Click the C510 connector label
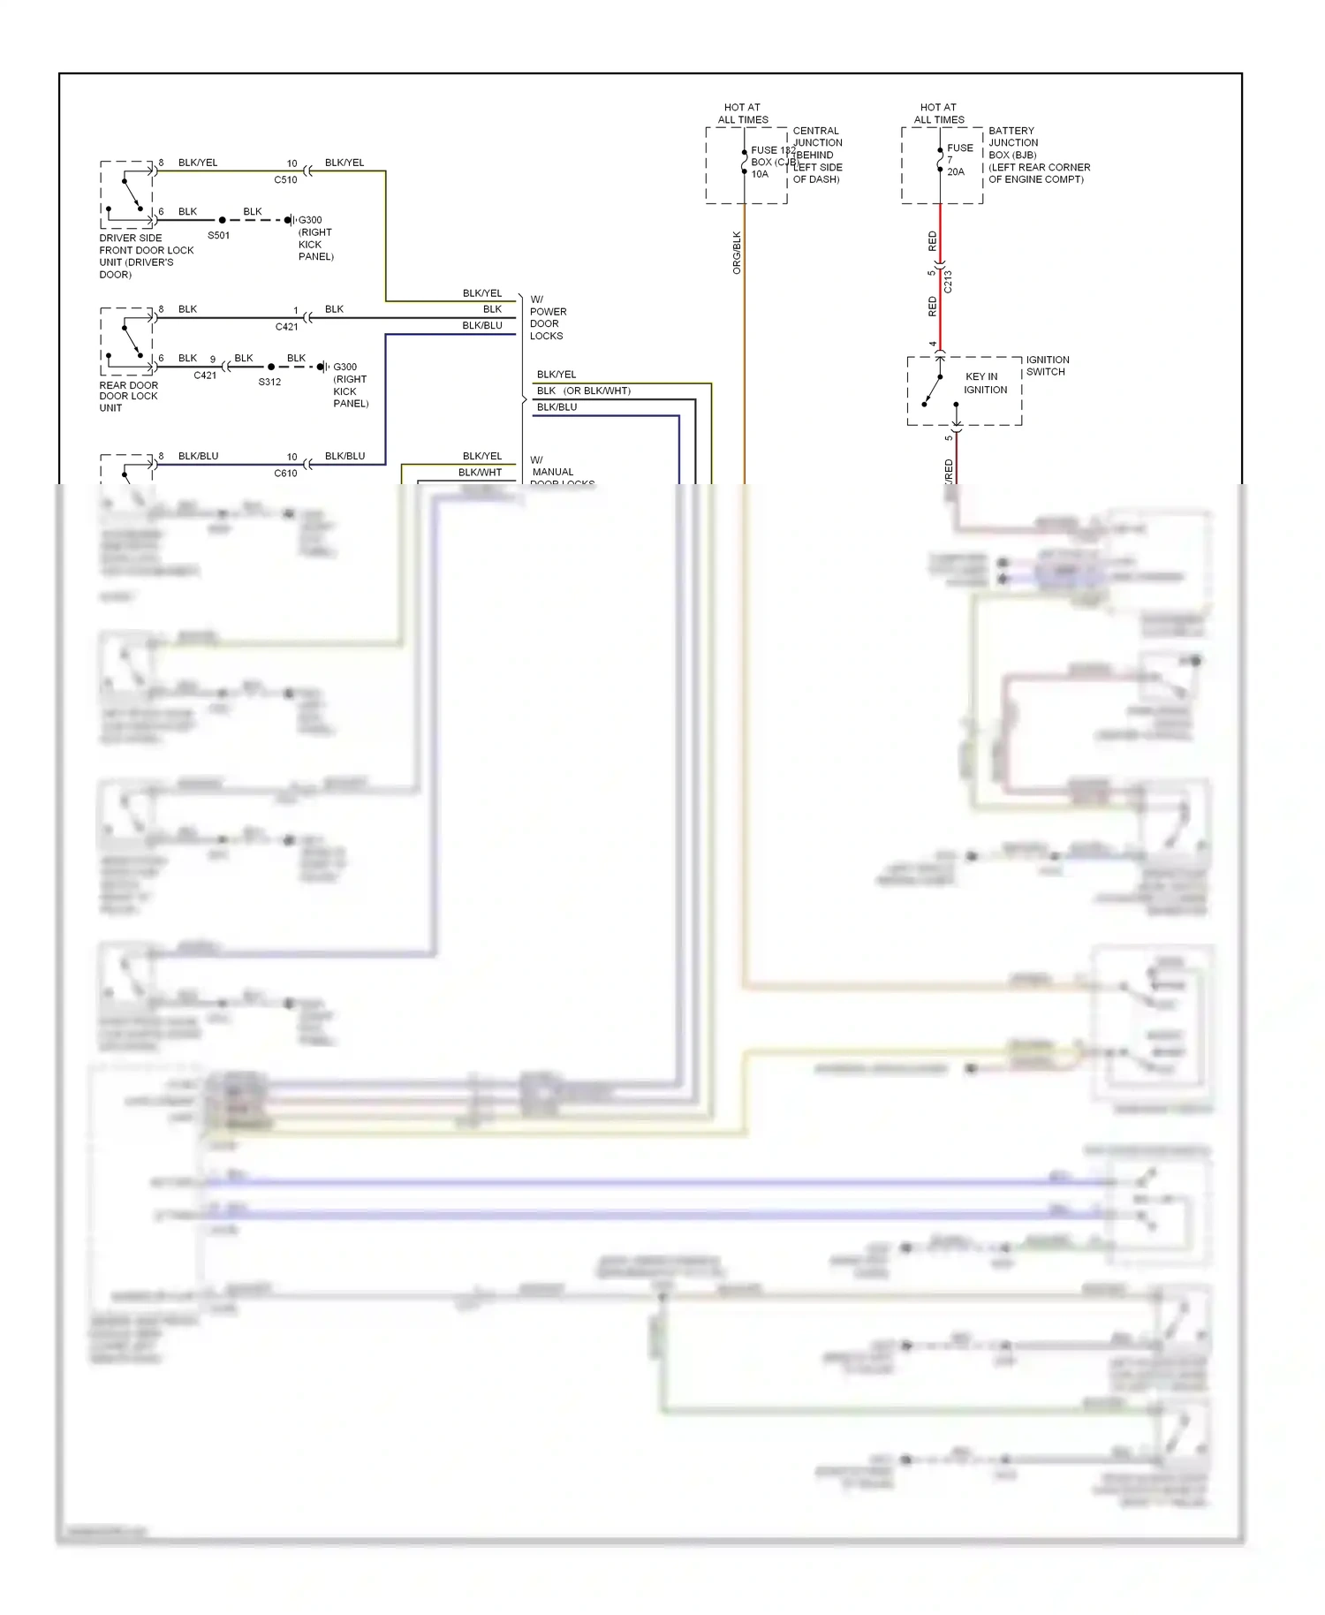[x=285, y=179]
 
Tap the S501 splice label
[x=218, y=235]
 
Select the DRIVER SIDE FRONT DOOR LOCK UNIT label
[x=146, y=256]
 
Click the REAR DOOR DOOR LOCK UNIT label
[x=128, y=397]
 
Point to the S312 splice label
[x=269, y=382]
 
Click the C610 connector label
[x=285, y=473]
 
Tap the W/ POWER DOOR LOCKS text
[x=548, y=318]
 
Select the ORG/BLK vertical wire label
[x=737, y=253]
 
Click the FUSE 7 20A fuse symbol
[x=940, y=161]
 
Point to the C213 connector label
[x=948, y=281]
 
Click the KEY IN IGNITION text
[x=985, y=383]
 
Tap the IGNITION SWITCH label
[x=1047, y=366]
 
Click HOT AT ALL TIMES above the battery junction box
[x=938, y=113]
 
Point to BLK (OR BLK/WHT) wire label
[x=583, y=390]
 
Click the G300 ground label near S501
[x=310, y=220]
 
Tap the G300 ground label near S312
[x=344, y=367]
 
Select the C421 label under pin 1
[x=286, y=327]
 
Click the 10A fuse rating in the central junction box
[x=760, y=174]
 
